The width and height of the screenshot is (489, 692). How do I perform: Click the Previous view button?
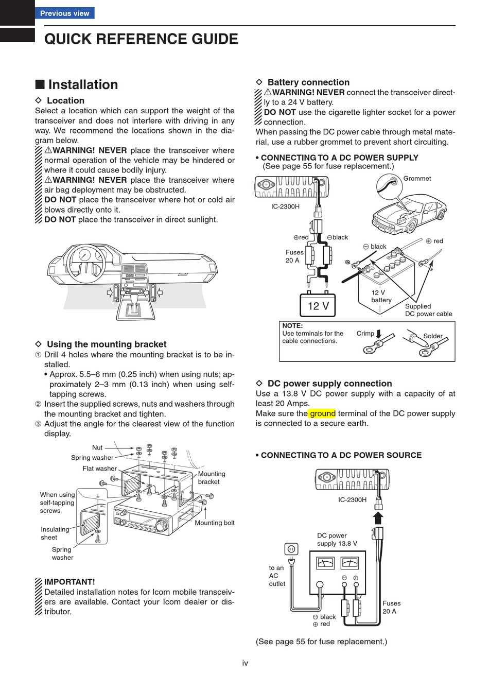[64, 13]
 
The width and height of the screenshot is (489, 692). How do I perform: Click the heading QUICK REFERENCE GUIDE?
[141, 39]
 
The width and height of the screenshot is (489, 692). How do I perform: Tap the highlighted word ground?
[322, 413]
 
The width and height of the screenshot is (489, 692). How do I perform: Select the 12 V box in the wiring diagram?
[318, 306]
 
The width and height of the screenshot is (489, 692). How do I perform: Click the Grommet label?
[417, 179]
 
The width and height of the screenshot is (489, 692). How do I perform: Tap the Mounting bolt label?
[214, 523]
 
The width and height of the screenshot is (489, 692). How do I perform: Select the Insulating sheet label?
[55, 533]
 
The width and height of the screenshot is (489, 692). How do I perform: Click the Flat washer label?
[99, 469]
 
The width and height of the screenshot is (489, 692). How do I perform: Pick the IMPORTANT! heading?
[69, 582]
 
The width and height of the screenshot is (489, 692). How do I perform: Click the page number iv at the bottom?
[245, 663]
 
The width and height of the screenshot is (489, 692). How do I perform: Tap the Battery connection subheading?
[308, 82]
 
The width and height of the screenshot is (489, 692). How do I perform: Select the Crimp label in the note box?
[365, 334]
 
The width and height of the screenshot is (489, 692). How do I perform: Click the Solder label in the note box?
[432, 336]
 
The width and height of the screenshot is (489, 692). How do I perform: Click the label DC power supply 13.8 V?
[337, 540]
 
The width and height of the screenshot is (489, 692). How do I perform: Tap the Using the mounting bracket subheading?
[107, 344]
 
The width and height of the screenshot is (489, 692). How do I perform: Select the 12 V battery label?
[381, 296]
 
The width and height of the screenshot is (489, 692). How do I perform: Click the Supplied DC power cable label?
[428, 310]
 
